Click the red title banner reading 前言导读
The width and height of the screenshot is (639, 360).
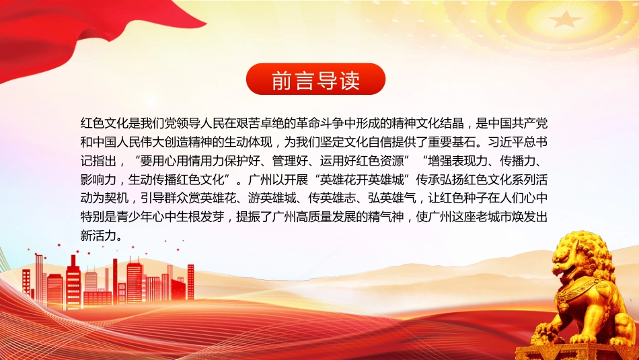pyautogui.click(x=315, y=79)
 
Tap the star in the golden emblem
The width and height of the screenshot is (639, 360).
pyautogui.click(x=566, y=19)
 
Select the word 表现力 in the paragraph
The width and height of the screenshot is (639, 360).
pyautogui.click(x=470, y=161)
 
